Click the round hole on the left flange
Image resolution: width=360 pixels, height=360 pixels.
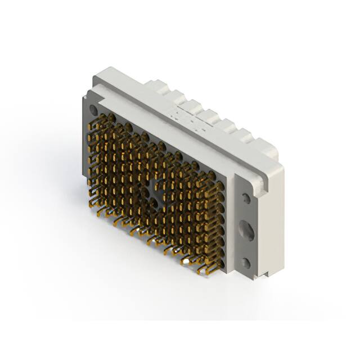click(93, 110)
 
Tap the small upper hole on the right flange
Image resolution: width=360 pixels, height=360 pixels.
click(246, 198)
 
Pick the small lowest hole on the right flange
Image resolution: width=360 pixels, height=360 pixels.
click(246, 262)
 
